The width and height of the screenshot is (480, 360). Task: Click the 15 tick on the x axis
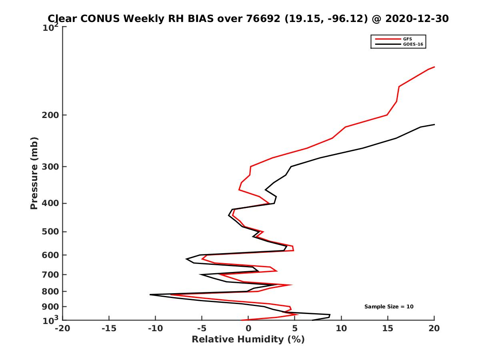(388, 328)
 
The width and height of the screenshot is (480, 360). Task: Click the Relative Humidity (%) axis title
(248, 340)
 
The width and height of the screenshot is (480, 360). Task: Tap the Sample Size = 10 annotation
(389, 307)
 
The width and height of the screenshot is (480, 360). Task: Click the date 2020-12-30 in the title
(416, 18)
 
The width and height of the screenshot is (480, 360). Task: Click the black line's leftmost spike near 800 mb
(150, 295)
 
